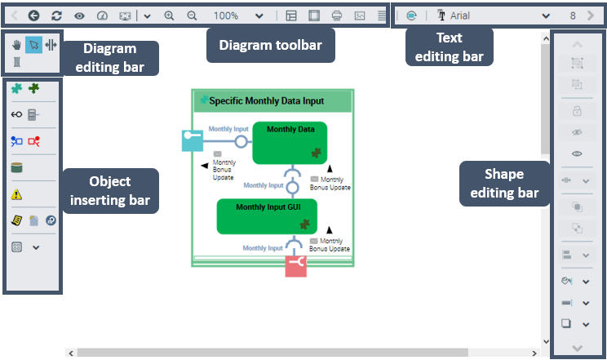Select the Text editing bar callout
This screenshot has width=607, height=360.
click(449, 46)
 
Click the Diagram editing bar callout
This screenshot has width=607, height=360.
click(110, 58)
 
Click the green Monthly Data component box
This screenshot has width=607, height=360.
click(290, 143)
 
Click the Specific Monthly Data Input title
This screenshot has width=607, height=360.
click(266, 101)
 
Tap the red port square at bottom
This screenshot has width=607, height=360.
click(295, 266)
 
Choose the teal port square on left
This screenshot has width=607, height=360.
click(192, 141)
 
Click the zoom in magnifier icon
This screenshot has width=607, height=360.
click(169, 16)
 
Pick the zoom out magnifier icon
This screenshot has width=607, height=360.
click(192, 16)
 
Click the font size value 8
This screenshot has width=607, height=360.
click(573, 16)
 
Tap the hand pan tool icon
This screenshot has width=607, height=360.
click(16, 45)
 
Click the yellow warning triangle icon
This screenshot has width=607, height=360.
click(16, 194)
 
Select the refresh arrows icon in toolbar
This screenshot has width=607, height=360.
click(56, 16)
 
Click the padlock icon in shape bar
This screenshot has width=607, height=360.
click(578, 111)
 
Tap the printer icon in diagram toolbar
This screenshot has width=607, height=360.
click(337, 16)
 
